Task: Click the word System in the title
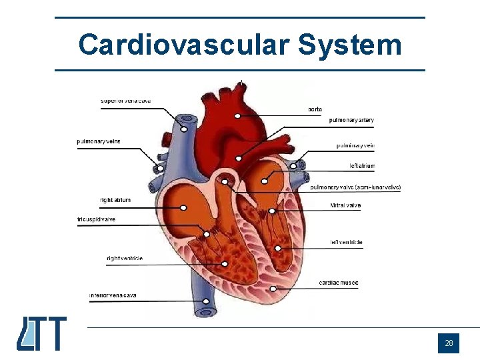(350, 45)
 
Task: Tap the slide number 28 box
(449, 343)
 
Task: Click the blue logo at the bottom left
(41, 333)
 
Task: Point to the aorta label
(315, 109)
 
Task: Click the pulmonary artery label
(351, 121)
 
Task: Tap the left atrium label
(362, 166)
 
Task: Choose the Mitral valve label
(345, 206)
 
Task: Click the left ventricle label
(346, 243)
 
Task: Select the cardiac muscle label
(338, 283)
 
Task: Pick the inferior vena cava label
(113, 295)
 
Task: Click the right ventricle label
(125, 259)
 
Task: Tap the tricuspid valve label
(97, 219)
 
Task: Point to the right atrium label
(115, 200)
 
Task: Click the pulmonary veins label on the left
(99, 141)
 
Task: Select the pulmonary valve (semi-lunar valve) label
(355, 188)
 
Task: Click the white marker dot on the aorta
(237, 116)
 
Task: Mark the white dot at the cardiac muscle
(273, 289)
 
